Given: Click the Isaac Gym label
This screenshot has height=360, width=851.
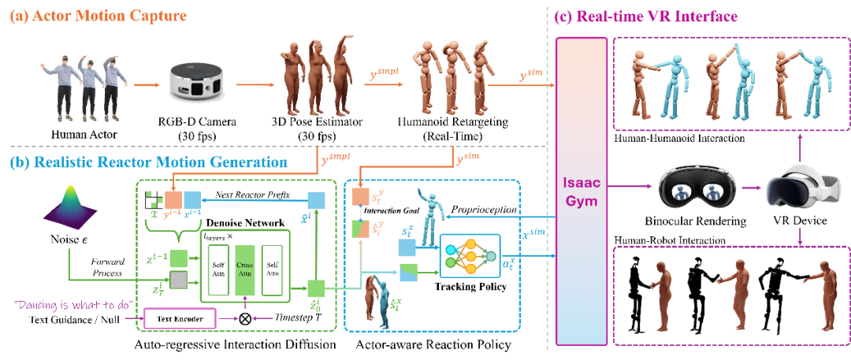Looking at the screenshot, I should coord(582,191).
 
